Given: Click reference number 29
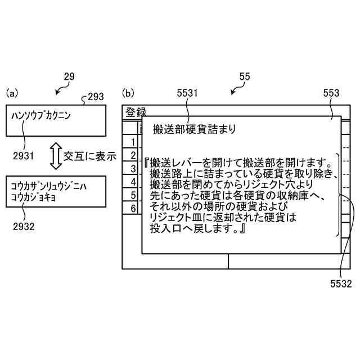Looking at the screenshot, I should (x=69, y=76).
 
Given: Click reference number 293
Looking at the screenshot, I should (x=96, y=97).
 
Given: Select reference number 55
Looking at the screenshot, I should (x=245, y=76).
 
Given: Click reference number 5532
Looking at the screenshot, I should (x=341, y=284).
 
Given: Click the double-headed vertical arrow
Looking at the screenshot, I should (x=55, y=156).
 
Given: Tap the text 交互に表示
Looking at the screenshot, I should (x=89, y=156).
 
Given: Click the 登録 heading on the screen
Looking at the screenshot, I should (x=136, y=111).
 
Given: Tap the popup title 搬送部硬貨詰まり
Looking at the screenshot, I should (x=194, y=129).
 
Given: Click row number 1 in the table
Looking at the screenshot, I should (x=133, y=142).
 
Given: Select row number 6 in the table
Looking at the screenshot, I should (x=133, y=209).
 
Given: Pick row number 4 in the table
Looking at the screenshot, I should (x=133, y=182).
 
